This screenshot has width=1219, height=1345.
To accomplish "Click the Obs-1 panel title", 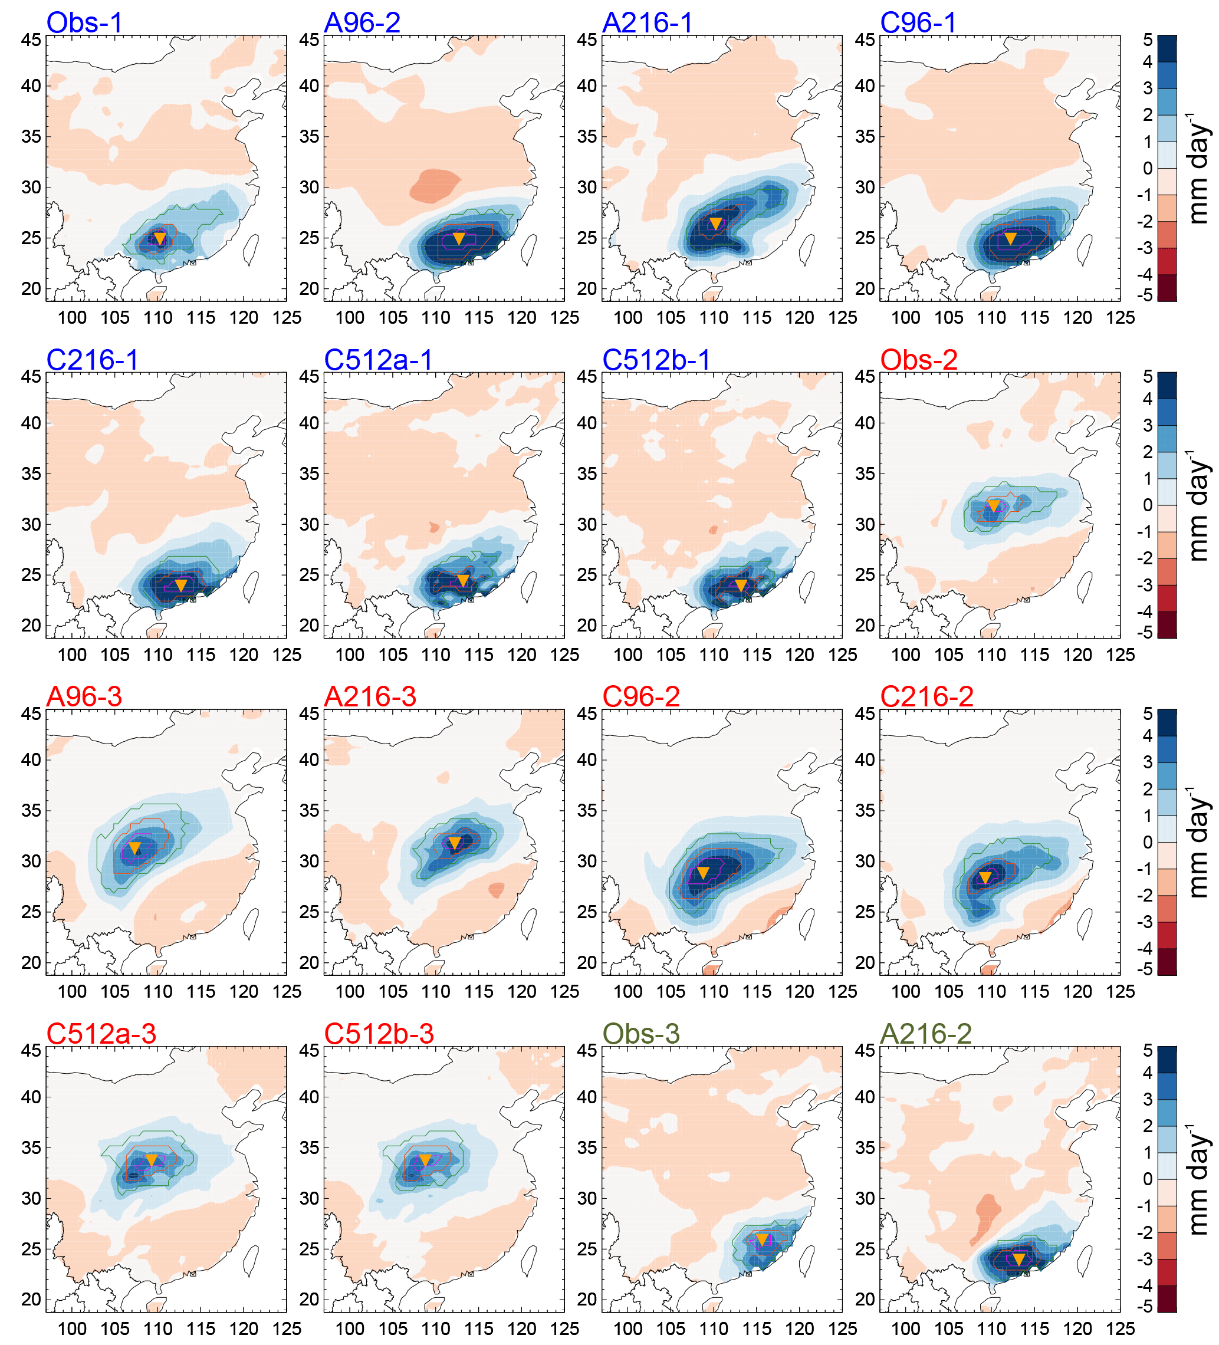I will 85,22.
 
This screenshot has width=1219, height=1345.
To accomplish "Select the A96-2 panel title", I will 362,22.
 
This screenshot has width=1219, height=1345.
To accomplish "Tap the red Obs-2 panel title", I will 918,360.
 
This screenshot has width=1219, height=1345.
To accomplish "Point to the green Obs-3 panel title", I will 640,1034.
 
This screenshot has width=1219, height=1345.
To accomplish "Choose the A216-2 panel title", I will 925,1034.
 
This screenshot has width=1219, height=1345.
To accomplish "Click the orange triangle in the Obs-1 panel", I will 159,238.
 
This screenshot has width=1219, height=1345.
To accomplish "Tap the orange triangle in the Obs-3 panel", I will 762,1239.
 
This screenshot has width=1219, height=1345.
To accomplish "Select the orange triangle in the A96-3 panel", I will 135,848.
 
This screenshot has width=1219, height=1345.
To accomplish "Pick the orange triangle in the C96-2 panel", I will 702,873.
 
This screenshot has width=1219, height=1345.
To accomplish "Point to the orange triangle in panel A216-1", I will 715,223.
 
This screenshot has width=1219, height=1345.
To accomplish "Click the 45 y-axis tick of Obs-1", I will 31,40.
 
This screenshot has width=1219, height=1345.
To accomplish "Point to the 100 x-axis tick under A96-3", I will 72,991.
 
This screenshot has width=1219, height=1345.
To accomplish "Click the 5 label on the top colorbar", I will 1148,40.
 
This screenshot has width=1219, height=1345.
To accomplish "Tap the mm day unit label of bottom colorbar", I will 1198,1179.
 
